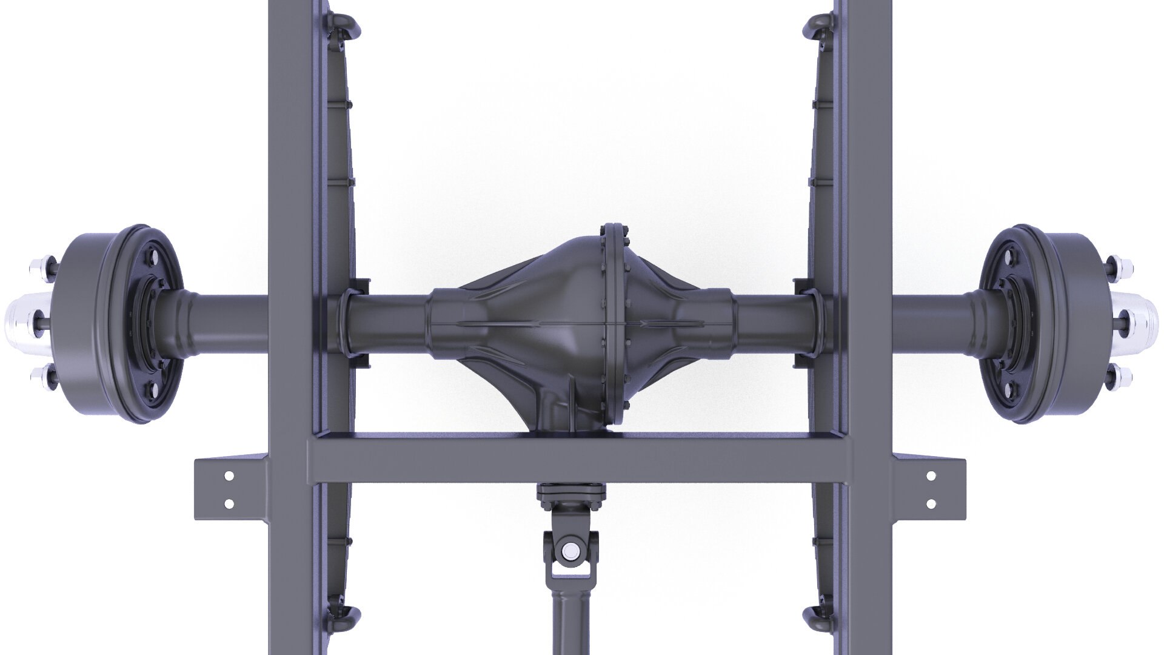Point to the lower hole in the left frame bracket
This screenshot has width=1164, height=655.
pos(229,503)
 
